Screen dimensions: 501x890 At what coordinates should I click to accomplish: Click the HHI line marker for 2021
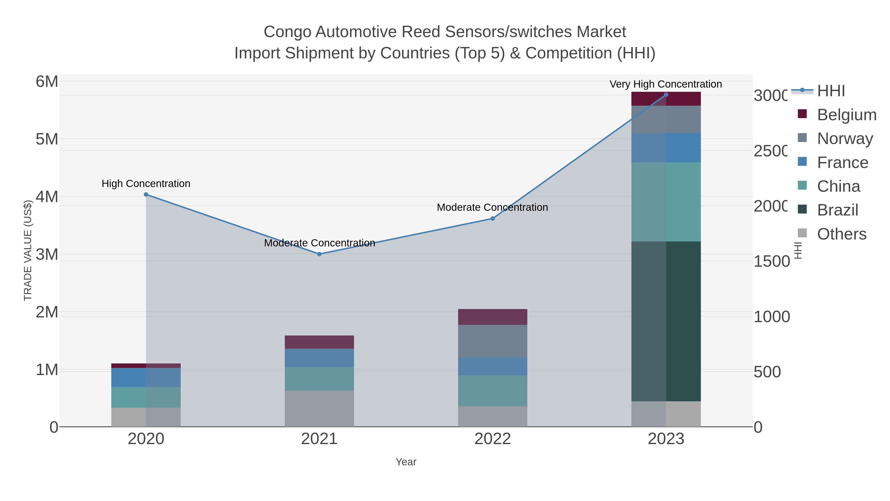click(319, 254)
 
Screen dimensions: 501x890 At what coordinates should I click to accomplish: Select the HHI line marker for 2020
click(146, 195)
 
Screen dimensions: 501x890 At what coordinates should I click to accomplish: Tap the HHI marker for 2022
click(493, 218)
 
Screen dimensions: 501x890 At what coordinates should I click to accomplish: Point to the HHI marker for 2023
click(666, 95)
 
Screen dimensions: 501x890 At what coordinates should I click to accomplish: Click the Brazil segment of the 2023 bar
click(666, 322)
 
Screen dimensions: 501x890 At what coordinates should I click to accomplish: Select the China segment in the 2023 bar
click(666, 202)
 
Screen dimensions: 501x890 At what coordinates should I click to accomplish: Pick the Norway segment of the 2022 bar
click(493, 341)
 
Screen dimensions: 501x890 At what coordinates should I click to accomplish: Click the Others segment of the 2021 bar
click(319, 409)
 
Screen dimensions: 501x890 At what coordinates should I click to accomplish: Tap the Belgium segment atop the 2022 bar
click(493, 317)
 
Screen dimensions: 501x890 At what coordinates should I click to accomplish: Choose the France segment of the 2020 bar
click(146, 377)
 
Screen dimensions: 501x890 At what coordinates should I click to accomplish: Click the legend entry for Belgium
click(846, 115)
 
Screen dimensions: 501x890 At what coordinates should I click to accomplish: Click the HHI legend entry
click(831, 91)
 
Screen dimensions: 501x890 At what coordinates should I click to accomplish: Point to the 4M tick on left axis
click(47, 197)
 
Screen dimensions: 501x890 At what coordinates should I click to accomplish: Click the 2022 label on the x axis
click(493, 439)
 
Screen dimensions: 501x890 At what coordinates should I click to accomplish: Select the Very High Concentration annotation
click(666, 84)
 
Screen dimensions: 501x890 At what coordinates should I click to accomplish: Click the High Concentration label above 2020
click(146, 184)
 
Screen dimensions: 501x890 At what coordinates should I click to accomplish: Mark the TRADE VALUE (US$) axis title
click(28, 250)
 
